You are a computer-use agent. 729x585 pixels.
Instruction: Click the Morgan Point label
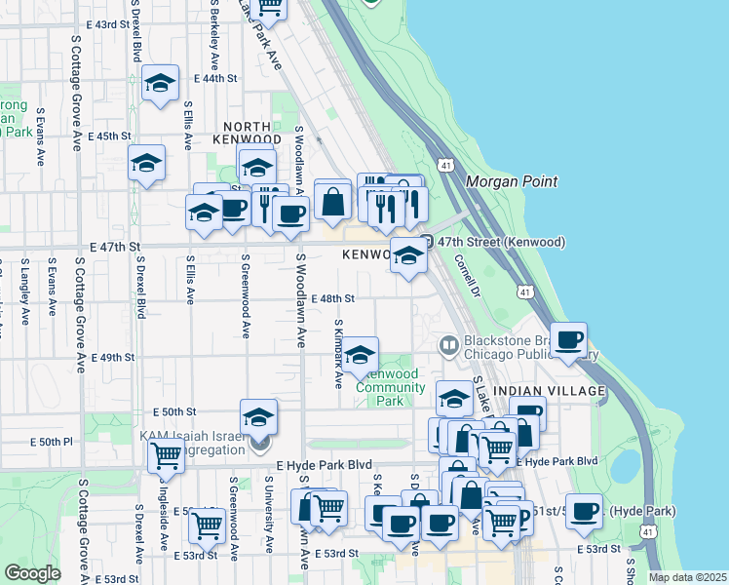(x=512, y=181)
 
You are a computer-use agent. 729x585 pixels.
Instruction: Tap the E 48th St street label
(x=332, y=299)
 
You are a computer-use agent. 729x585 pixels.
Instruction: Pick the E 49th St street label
(x=112, y=358)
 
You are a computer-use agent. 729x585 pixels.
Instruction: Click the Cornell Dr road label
(x=468, y=276)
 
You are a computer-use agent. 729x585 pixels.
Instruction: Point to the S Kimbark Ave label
(x=338, y=352)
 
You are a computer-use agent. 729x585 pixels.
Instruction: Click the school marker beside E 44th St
(x=160, y=84)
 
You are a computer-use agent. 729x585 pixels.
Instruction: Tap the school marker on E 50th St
(x=258, y=417)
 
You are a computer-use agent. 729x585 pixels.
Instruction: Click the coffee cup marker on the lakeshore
(x=569, y=340)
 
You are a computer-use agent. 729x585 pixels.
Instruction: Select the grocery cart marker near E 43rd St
(x=268, y=8)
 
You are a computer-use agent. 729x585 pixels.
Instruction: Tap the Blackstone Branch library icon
(x=448, y=344)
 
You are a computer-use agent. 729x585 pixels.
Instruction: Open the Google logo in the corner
(x=32, y=573)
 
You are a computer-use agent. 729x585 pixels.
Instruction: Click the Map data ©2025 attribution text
(x=686, y=577)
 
